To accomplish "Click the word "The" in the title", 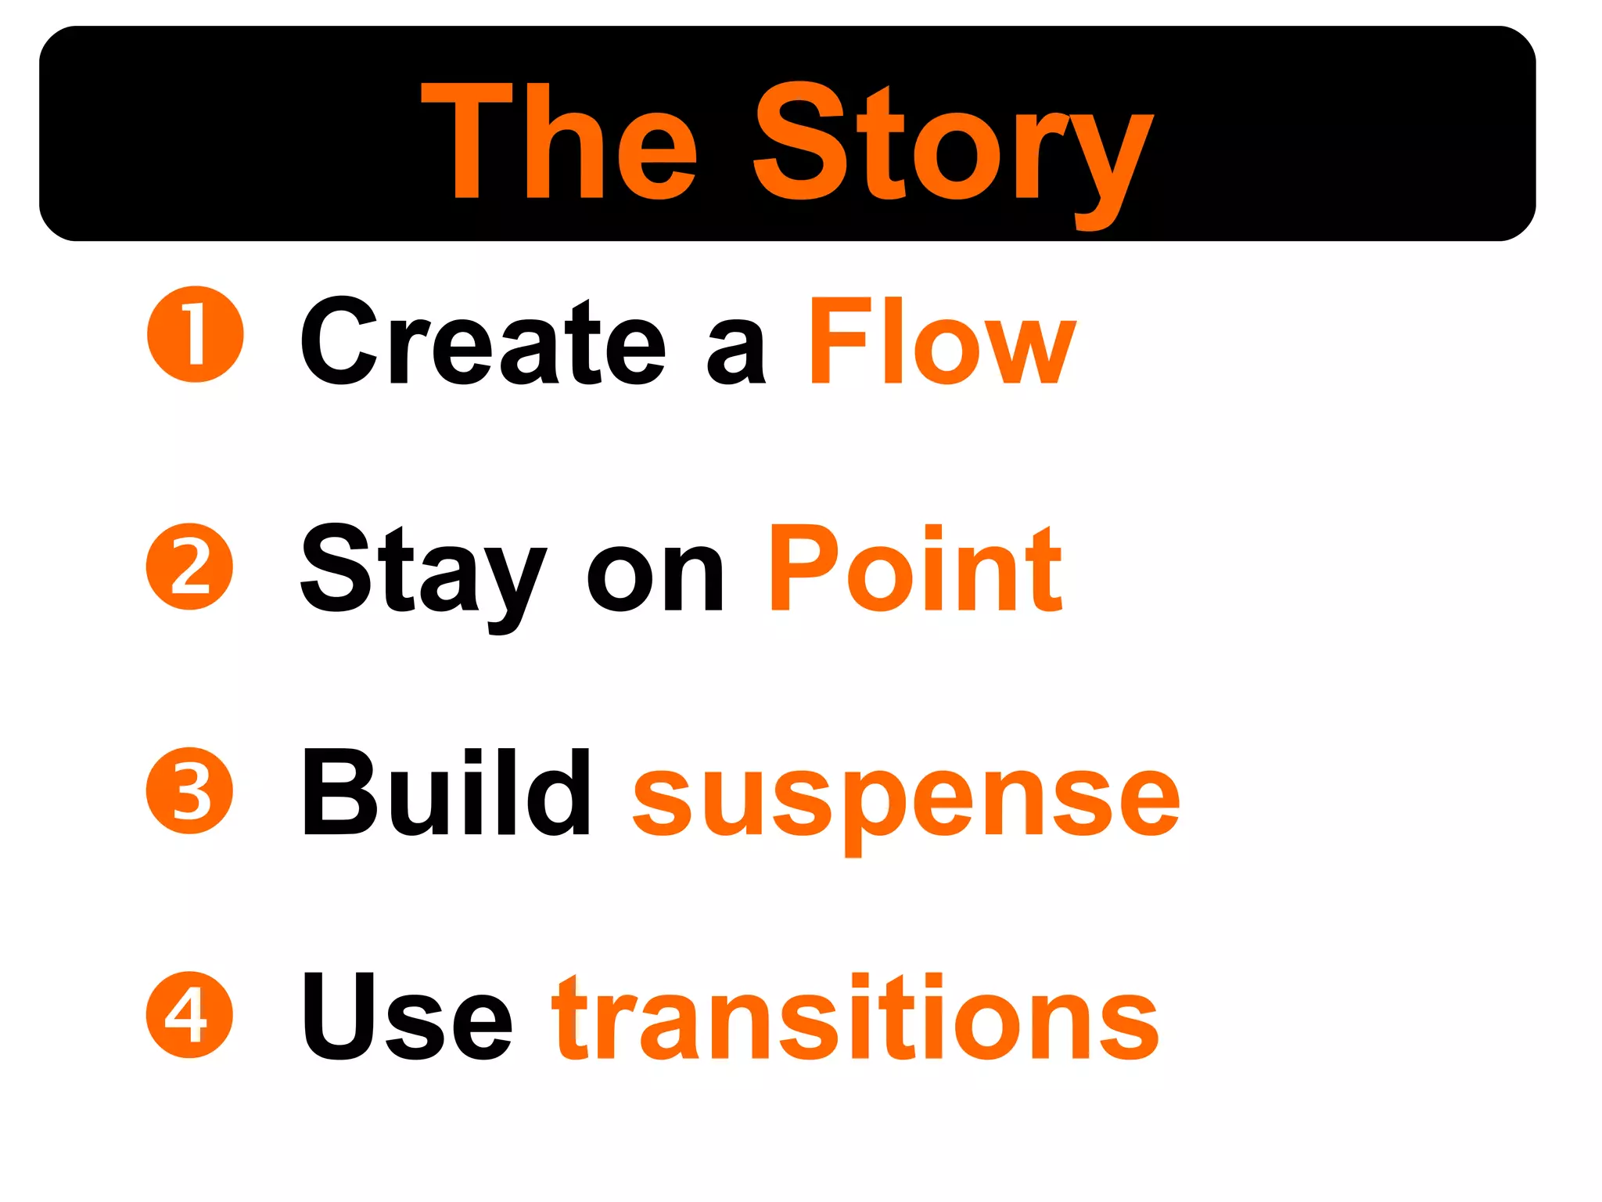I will click(559, 141).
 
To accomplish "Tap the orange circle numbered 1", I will click(195, 334).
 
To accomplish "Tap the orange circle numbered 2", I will click(189, 566).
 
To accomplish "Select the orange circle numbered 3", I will click(189, 790).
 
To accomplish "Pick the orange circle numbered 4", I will click(189, 1014).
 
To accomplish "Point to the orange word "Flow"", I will click(942, 342).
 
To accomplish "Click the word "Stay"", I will click(422, 571).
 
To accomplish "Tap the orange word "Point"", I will click(914, 569).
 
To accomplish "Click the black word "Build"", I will click(445, 792).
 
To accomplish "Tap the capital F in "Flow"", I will click(839, 341).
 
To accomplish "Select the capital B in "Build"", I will click(334, 792).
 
